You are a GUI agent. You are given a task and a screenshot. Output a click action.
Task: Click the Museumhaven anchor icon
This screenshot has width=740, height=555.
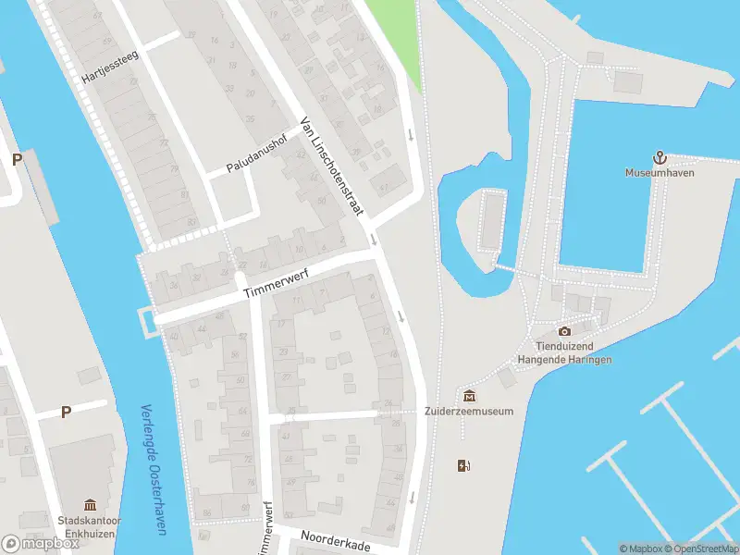[x=660, y=158]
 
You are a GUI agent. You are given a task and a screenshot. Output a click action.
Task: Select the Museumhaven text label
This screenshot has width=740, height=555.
[x=660, y=173]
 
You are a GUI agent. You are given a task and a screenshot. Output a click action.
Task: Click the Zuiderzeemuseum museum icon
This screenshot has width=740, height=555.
[x=469, y=396]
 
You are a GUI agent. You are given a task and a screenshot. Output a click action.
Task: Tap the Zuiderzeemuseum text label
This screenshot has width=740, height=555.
[x=469, y=412]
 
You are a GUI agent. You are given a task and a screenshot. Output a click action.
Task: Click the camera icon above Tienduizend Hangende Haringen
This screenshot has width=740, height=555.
[x=564, y=331]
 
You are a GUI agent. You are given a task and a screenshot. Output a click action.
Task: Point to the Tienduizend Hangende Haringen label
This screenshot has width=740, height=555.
[x=564, y=352]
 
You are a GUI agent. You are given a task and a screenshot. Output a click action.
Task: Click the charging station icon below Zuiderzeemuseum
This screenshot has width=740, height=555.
[x=463, y=465]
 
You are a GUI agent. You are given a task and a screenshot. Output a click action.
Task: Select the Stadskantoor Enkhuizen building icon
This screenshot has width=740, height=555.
[x=90, y=504]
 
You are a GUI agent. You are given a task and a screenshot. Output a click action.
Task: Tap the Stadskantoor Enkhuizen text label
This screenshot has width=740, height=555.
[x=90, y=526]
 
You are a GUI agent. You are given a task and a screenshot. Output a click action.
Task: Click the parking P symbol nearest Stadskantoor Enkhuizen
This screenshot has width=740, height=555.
[x=66, y=413]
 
